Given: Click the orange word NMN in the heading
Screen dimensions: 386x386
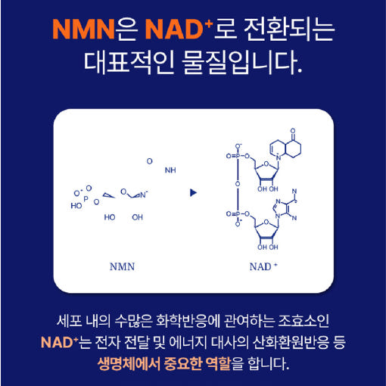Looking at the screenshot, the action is click(84, 30).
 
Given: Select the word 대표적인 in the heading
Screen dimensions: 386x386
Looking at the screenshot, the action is click(129, 63).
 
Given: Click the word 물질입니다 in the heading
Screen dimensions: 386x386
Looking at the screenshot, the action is click(241, 63).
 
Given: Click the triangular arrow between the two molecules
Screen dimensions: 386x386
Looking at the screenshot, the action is click(193, 193).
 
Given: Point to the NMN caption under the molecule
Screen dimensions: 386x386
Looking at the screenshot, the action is click(122, 266).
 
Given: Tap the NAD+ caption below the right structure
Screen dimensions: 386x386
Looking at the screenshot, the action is click(263, 266).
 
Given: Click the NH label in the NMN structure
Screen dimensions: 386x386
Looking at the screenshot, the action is click(170, 170).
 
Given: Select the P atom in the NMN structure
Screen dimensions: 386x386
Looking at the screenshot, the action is click(86, 199).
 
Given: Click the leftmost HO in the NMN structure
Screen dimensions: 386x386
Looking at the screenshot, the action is click(76, 206).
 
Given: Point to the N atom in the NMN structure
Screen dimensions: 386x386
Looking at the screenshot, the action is click(143, 195).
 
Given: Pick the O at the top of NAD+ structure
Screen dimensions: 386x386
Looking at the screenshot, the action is click(293, 131).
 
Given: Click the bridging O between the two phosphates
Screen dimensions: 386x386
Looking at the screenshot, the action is click(238, 184).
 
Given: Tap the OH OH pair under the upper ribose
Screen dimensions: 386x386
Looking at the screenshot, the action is click(268, 188).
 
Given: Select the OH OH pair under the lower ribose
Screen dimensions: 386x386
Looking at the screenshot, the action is click(268, 247).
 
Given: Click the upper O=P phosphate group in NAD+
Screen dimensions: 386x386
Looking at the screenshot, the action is click(237, 156).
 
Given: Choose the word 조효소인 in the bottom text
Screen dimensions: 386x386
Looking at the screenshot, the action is click(304, 321).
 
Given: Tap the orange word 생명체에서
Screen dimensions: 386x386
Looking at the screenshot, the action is click(129, 363).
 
